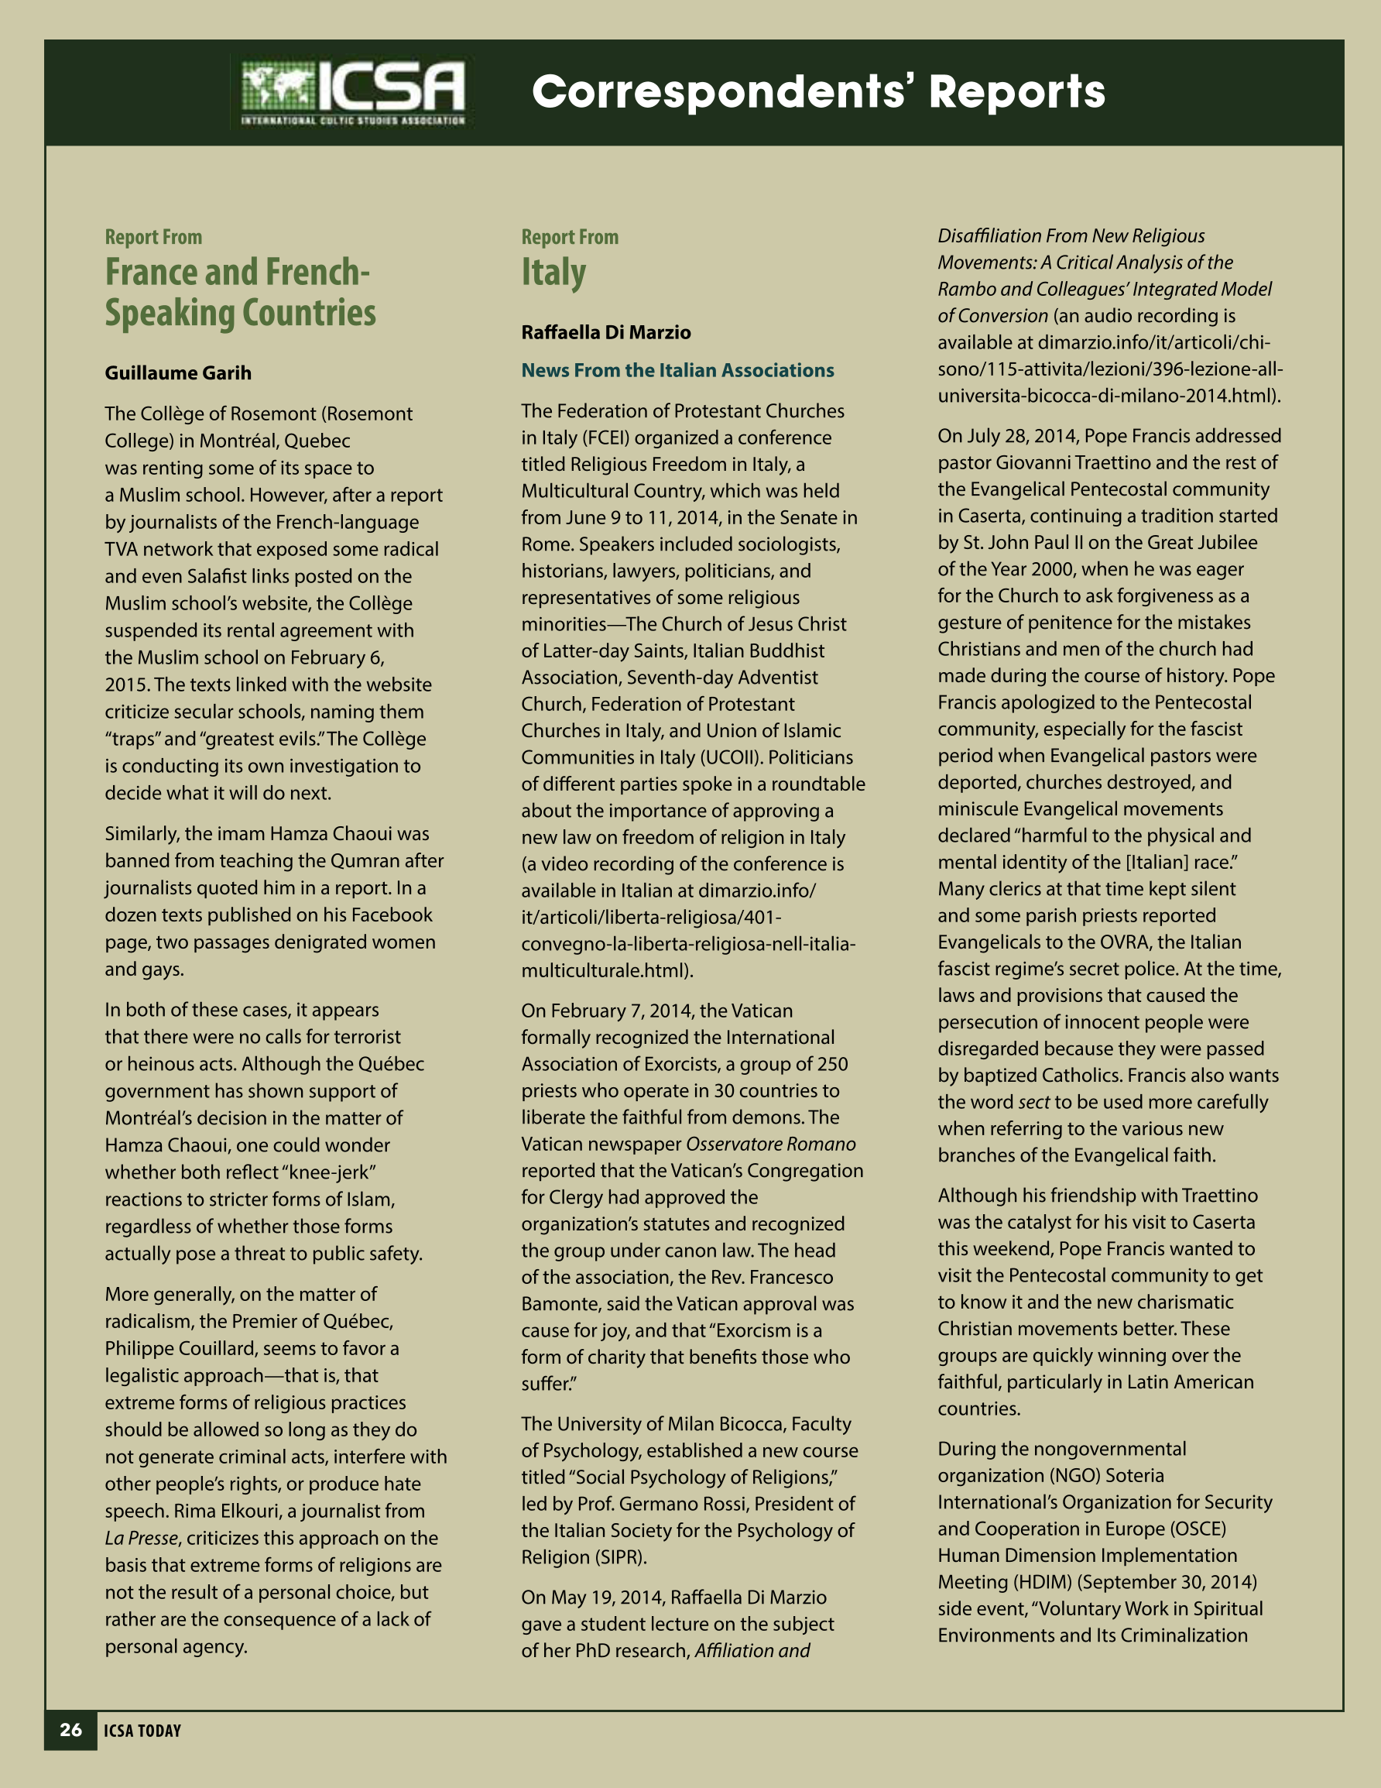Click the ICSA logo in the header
[353, 92]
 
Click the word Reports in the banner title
[1016, 91]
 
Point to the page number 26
[71, 1730]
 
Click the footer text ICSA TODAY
[142, 1731]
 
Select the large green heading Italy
[553, 273]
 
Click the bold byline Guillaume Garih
[177, 373]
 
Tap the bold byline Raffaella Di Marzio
[606, 332]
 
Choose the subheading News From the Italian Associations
[677, 370]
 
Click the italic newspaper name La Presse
[141, 1539]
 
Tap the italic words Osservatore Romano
[771, 1144]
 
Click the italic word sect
[1033, 1102]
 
